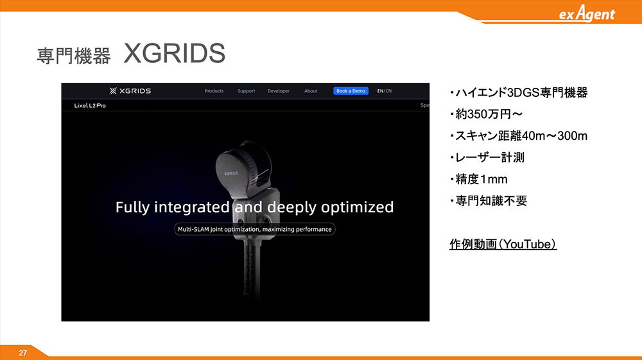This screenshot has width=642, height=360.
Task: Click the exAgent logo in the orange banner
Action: pyautogui.click(x=587, y=13)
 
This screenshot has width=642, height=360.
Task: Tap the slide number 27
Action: pyautogui.click(x=23, y=353)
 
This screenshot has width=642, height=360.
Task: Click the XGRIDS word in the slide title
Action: pyautogui.click(x=175, y=53)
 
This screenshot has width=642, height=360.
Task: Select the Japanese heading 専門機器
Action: pyautogui.click(x=74, y=56)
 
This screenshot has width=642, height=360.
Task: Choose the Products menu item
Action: pyautogui.click(x=214, y=91)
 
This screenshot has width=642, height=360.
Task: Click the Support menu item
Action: pyautogui.click(x=247, y=91)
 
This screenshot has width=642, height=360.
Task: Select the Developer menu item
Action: pyautogui.click(x=279, y=91)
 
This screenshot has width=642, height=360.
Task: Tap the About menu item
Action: pyautogui.click(x=311, y=91)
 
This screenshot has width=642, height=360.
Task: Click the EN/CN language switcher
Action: pyautogui.click(x=385, y=91)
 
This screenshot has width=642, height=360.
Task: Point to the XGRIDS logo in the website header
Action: pyautogui.click(x=130, y=91)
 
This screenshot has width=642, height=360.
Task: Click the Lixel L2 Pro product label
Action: pyautogui.click(x=90, y=105)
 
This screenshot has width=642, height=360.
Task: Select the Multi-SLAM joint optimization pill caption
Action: pyautogui.click(x=255, y=229)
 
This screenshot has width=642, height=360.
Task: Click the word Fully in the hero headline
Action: pyautogui.click(x=132, y=207)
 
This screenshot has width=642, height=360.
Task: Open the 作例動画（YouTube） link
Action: pyautogui.click(x=503, y=244)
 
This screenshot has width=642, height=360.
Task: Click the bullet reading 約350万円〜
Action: pyautogui.click(x=487, y=114)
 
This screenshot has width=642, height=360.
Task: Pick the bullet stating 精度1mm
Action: pyautogui.click(x=479, y=179)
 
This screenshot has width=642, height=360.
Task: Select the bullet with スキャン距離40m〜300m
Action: pyautogui.click(x=519, y=136)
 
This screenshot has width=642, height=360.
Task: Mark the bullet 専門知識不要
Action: pyautogui.click(x=489, y=201)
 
